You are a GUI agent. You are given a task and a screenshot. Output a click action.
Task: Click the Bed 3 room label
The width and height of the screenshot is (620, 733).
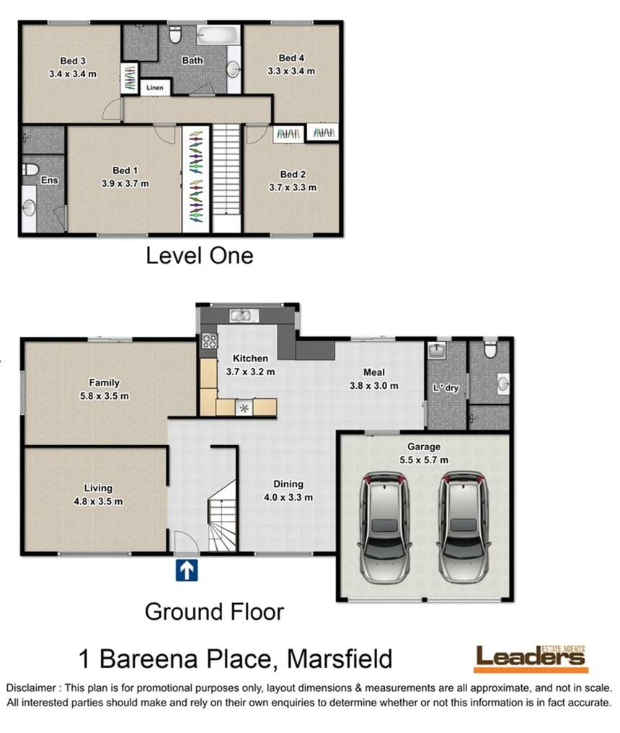(72, 60)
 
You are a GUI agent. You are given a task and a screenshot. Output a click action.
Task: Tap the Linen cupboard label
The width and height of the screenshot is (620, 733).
(156, 88)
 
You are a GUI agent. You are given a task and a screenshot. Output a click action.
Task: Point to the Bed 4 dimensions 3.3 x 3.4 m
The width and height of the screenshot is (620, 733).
(291, 71)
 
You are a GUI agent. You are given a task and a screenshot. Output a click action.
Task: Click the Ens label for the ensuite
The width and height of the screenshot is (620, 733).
(48, 180)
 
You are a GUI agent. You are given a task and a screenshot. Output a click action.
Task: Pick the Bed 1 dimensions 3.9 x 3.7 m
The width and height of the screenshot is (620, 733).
(125, 183)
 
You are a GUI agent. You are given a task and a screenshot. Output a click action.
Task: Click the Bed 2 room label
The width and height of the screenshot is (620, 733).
(292, 174)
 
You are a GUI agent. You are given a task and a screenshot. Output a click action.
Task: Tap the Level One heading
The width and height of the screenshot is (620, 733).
(200, 256)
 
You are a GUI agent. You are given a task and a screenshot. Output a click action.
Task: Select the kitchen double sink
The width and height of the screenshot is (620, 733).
(240, 315)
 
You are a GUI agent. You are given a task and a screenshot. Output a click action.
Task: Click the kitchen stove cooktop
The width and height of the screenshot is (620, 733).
(210, 341)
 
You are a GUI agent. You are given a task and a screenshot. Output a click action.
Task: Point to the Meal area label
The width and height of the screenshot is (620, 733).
(373, 372)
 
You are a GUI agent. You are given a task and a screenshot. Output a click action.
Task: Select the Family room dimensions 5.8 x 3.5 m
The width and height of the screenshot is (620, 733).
(105, 395)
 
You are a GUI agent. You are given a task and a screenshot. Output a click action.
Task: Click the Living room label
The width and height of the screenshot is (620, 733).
(99, 488)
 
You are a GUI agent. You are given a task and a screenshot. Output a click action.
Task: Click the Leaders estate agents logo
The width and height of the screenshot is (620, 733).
(531, 657)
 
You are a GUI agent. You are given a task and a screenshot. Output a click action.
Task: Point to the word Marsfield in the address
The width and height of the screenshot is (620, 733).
(340, 659)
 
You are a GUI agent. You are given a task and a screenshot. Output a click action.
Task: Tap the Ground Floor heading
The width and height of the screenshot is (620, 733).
(214, 612)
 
